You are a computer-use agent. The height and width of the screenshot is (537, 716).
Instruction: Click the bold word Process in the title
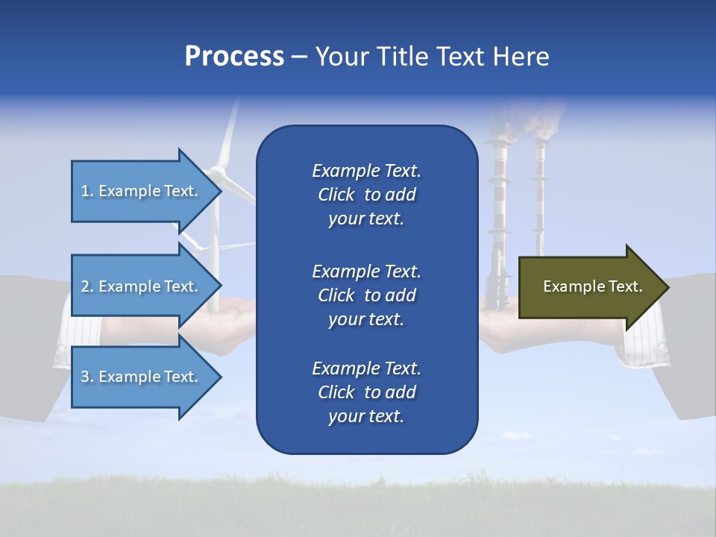tap(234, 57)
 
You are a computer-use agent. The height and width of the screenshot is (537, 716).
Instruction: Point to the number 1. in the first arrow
tap(87, 191)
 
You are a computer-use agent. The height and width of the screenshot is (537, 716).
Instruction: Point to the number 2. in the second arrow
tap(87, 286)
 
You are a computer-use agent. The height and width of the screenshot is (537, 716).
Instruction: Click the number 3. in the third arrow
tap(87, 377)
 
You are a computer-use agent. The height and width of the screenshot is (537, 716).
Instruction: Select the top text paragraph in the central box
tap(366, 195)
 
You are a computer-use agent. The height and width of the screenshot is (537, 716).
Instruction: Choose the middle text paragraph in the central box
tap(366, 295)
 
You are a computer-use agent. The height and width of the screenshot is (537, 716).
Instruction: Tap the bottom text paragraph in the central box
tap(366, 392)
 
